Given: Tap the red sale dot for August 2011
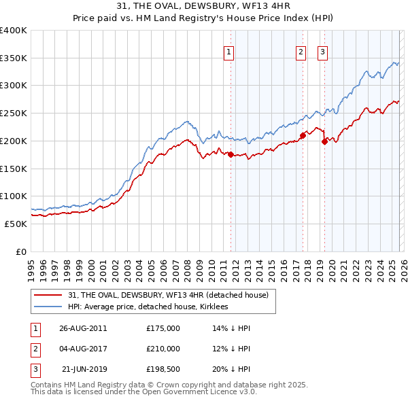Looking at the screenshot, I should [x=231, y=154].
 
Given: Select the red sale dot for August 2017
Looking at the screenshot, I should [x=303, y=135].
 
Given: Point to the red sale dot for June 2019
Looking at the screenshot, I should [x=324, y=141].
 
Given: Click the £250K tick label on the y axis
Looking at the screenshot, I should [x=14, y=114].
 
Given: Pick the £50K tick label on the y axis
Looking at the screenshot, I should [x=16, y=224].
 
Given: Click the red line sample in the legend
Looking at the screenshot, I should [x=48, y=295].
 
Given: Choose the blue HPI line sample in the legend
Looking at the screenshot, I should [x=48, y=307].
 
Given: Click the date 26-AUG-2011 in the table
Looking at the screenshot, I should [x=84, y=328].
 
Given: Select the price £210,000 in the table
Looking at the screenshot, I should [x=163, y=349].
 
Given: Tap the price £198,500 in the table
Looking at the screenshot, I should [x=163, y=369].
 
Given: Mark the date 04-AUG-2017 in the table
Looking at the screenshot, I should [x=84, y=349].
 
